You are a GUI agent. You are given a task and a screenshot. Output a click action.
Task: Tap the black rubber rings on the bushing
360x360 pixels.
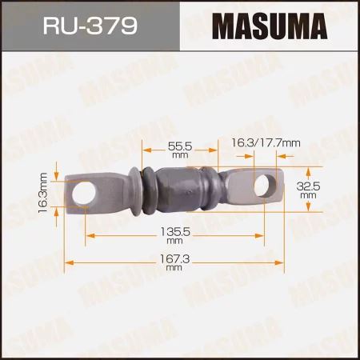tap(147, 192)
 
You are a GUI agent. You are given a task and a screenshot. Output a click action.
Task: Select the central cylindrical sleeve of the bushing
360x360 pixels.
tap(184, 190)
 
